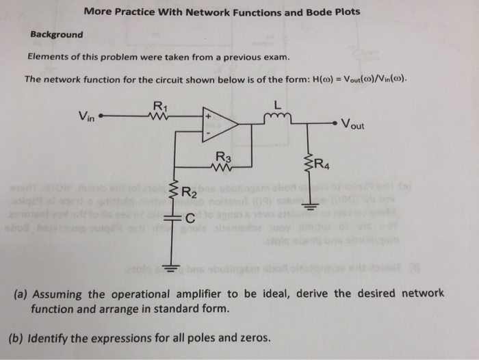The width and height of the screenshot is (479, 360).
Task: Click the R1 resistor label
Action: (159, 105)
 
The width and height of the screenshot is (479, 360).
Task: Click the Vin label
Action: (88, 116)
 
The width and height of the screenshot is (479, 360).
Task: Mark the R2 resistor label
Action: (187, 194)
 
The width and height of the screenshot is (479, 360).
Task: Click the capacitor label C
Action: (190, 218)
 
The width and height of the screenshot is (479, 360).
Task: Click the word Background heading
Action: (57, 34)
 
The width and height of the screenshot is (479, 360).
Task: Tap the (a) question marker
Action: (21, 294)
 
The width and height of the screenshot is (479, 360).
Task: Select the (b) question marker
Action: (21, 337)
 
